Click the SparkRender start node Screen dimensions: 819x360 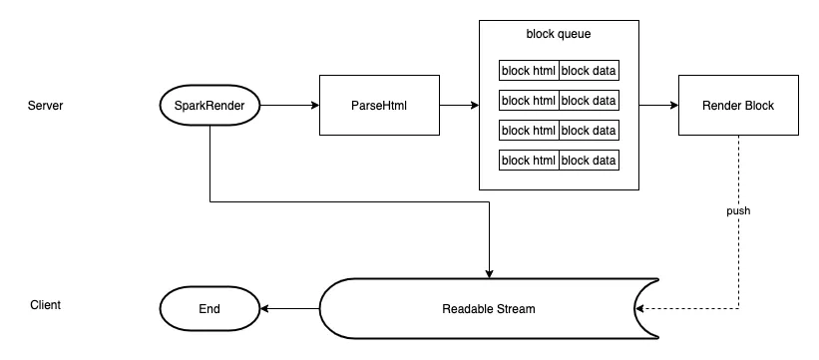pos(209,105)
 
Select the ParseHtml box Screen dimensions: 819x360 pos(379,105)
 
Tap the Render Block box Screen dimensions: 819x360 pos(738,105)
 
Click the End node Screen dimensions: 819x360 pos(209,309)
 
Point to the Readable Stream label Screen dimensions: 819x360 pos(489,309)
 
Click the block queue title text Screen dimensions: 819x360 pos(559,34)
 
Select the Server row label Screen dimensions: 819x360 pos(46,106)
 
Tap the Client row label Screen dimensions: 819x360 pos(46,304)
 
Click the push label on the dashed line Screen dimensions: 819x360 pos(738,210)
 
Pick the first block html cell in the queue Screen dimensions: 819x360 pos(529,70)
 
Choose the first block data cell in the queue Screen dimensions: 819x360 pos(589,70)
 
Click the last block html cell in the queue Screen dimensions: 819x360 pos(529,160)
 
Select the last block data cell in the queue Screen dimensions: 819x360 pos(589,160)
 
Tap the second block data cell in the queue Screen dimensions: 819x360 pos(589,100)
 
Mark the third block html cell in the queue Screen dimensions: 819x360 pos(529,130)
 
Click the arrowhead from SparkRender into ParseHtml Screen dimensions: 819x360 pos(315,105)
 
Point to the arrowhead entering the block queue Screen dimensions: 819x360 pos(475,105)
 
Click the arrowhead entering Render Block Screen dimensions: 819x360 pos(673,105)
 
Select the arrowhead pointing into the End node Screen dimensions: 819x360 pos(264,309)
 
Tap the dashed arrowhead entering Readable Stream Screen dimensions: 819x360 pos(639,309)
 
